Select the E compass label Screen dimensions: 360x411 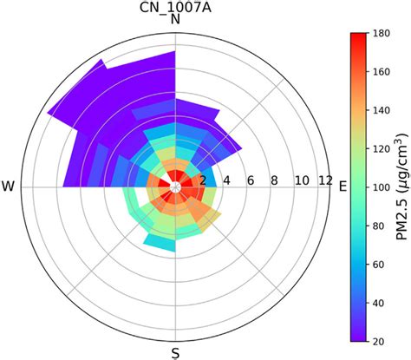click(x=342, y=187)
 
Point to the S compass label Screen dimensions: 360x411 click(x=176, y=351)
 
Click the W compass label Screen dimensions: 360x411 click(x=9, y=187)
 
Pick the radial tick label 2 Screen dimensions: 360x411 click(x=203, y=180)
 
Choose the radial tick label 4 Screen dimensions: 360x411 click(x=226, y=180)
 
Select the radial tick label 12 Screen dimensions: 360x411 click(x=325, y=180)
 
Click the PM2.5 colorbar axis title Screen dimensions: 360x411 click(x=404, y=187)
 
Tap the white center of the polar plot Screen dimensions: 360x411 click(x=176, y=187)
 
